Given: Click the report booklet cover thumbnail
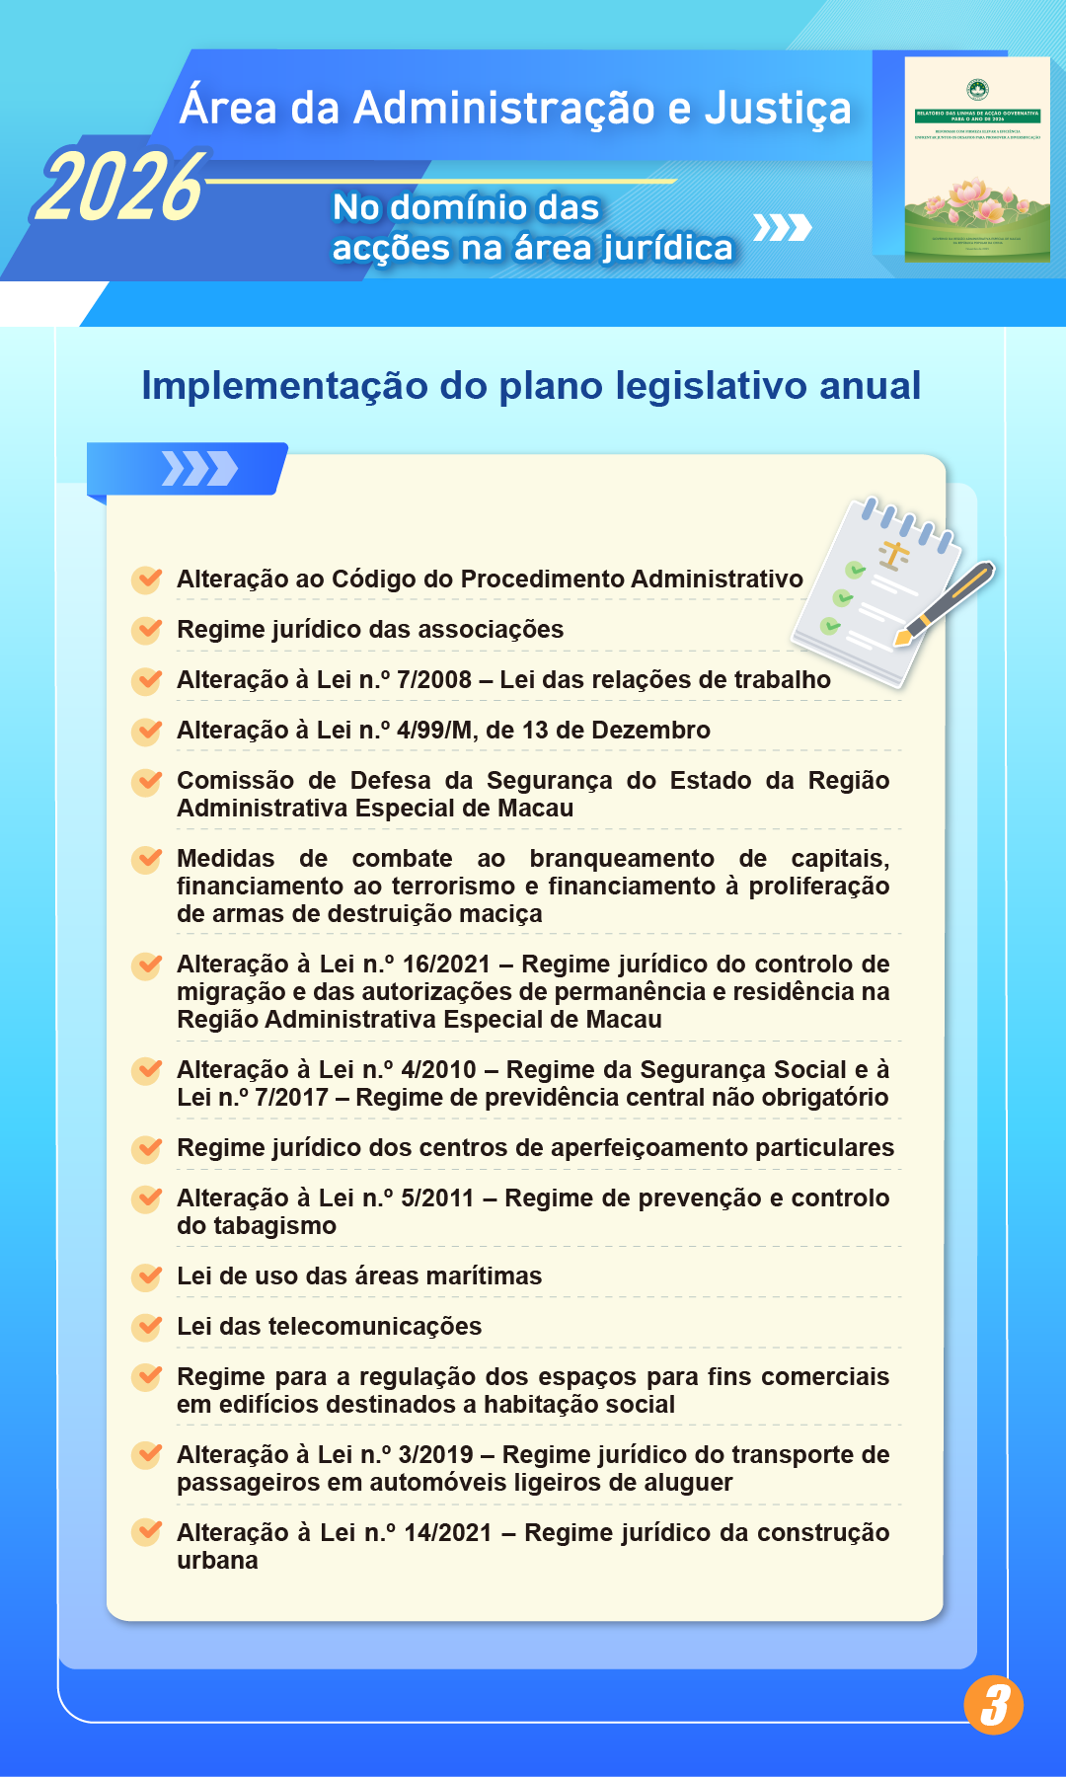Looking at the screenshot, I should (976, 159).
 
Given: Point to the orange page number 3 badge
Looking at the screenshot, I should (994, 1705).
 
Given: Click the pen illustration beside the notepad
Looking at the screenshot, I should (946, 603).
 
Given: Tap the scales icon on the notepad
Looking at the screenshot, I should (894, 555).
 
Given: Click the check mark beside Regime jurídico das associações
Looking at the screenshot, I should (147, 629).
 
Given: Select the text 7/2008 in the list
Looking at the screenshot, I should (434, 680).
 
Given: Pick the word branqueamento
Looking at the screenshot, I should (621, 859).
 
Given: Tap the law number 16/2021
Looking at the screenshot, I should (446, 965).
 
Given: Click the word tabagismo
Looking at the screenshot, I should (257, 1226).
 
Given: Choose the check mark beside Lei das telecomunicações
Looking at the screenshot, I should (147, 1326).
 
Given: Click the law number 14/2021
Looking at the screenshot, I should (448, 1533).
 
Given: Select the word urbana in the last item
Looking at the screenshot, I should (217, 1561).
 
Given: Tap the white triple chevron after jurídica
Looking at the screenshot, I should (782, 228).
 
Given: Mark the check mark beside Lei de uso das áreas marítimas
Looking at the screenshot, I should (147, 1275).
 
